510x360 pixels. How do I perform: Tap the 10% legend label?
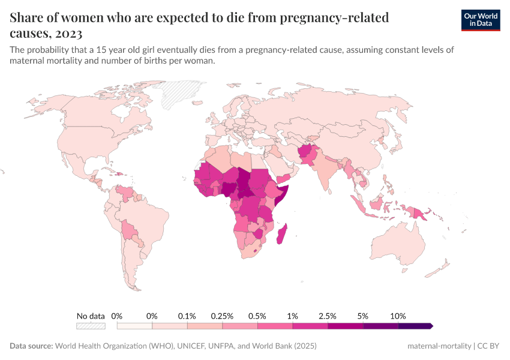398,316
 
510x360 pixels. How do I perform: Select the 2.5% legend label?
328,316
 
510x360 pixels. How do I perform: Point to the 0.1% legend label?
187,316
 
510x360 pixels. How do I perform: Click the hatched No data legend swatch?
91,326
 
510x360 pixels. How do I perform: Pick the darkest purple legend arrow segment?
415,326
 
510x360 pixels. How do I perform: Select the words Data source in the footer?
31,346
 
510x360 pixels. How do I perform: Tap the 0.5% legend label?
257,316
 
